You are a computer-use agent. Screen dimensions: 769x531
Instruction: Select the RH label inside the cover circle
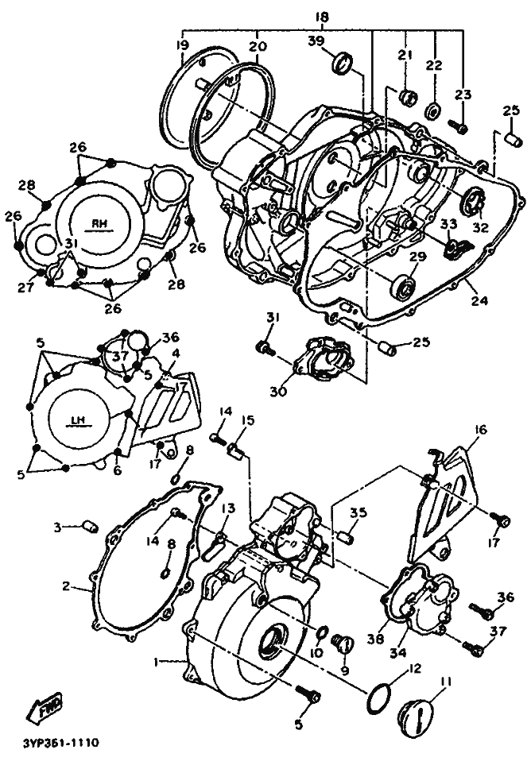99,224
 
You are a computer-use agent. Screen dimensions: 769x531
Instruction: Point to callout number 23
463,94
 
